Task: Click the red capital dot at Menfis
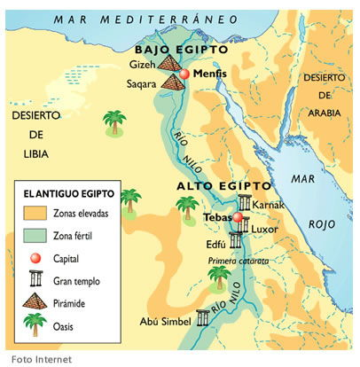click(x=184, y=74)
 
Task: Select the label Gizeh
click(x=143, y=66)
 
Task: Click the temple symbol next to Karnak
click(x=244, y=205)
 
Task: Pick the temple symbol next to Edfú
click(x=235, y=240)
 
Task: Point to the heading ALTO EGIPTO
click(x=222, y=187)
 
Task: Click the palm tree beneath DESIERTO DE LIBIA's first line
click(x=114, y=122)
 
